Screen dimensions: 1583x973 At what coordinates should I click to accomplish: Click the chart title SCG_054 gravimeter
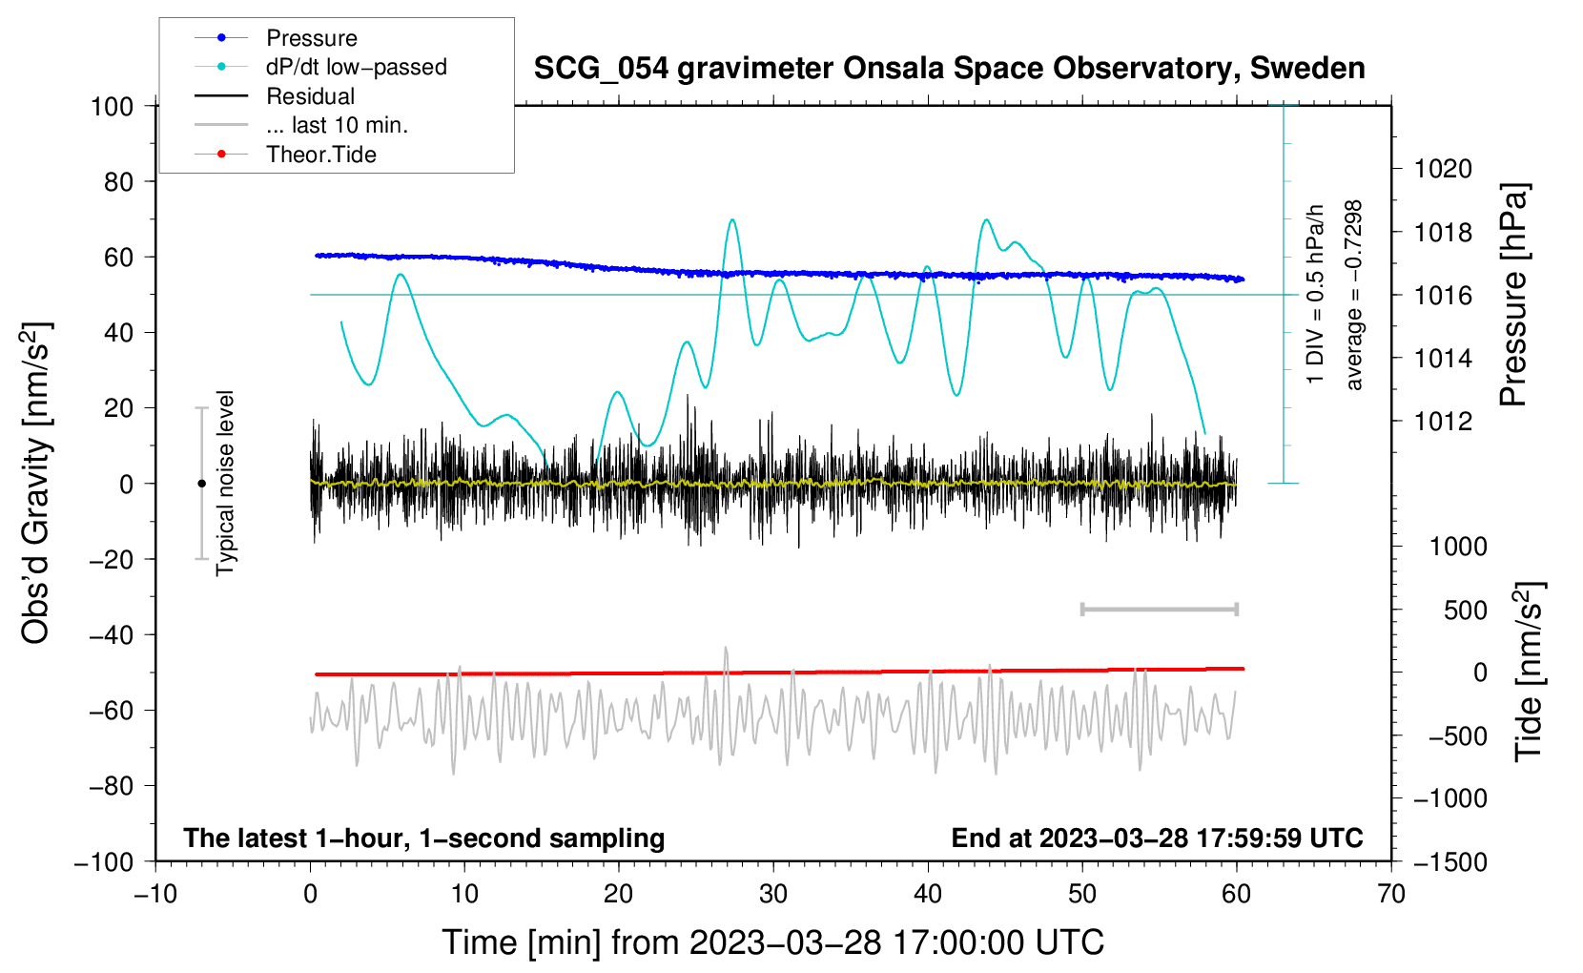(x=949, y=69)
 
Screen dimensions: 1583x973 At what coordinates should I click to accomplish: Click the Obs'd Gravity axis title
(x=36, y=483)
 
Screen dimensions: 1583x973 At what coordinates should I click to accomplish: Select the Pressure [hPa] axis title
(x=1513, y=295)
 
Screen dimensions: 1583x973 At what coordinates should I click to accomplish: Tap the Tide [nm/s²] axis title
(x=1530, y=672)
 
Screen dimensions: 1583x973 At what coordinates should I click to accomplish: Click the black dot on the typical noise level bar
(x=201, y=484)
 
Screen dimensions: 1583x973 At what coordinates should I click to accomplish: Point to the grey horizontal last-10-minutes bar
(x=1159, y=610)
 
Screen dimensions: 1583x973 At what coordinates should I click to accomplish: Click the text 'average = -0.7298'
(x=1353, y=295)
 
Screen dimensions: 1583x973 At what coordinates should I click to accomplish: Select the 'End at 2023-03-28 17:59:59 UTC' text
(x=1157, y=838)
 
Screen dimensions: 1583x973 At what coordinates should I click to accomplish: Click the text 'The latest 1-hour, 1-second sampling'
(x=424, y=838)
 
